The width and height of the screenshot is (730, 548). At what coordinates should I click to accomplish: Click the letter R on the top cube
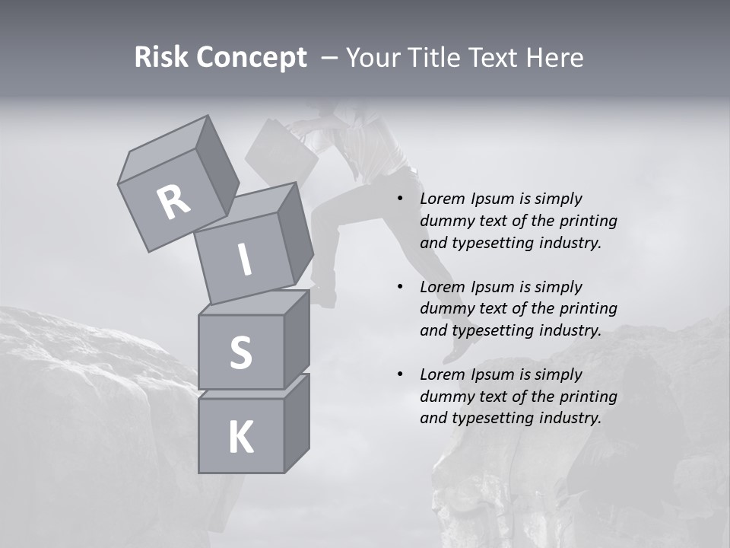[173, 202]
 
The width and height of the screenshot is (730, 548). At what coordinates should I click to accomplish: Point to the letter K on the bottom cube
[240, 438]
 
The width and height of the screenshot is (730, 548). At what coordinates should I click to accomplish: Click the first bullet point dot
[401, 199]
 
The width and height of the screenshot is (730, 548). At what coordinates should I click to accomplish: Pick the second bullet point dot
[401, 287]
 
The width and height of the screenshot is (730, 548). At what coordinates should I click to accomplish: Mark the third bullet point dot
[401, 374]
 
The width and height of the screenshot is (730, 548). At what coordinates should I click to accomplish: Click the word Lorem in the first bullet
[441, 199]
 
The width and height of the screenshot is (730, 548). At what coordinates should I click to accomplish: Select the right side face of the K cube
[297, 423]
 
